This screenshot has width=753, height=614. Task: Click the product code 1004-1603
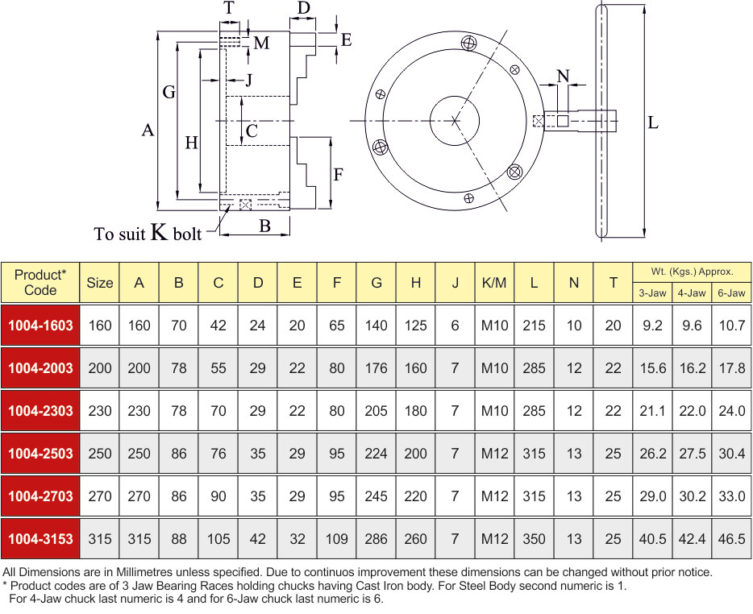pos(40,326)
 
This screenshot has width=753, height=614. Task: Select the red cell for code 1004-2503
pos(40,453)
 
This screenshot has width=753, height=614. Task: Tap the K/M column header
pos(494,283)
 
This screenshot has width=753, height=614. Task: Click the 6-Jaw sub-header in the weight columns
pos(731,292)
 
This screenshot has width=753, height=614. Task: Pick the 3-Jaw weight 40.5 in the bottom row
pos(652,538)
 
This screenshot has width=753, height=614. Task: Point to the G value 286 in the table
pos(376,538)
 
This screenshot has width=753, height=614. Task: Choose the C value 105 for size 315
pos(218,538)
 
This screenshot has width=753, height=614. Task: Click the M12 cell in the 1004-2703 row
pos(494,496)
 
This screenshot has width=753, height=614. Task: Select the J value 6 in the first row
pos(455,326)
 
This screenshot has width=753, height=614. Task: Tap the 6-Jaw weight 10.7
pos(731,326)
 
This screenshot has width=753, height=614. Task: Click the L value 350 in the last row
pos(534,538)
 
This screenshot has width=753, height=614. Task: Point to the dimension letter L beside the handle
pos(653,122)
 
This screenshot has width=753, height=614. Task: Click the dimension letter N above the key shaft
pos(563,76)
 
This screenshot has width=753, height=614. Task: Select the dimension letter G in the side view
pos(169,92)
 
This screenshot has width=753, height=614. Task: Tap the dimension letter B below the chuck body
pos(264,226)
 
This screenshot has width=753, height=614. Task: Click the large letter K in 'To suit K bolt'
pos(160,231)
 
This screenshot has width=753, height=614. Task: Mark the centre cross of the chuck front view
pos(454,121)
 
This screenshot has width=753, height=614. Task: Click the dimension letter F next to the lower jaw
pos(338,174)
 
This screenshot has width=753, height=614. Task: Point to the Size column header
pos(99,283)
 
